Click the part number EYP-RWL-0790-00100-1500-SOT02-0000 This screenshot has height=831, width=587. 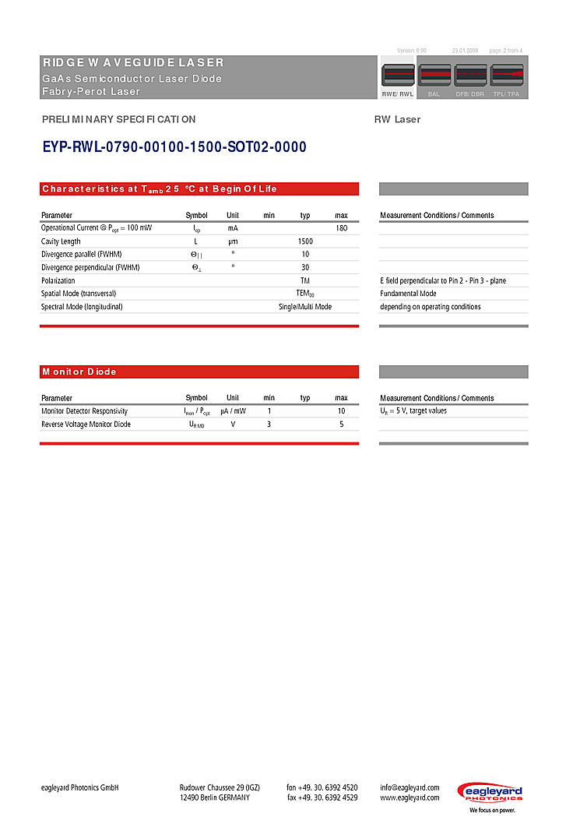click(174, 147)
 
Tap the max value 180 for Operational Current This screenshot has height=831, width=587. click(341, 228)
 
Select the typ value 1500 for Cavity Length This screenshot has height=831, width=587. click(305, 241)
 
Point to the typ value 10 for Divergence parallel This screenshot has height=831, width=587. click(305, 255)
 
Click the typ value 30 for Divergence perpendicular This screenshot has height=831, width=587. click(305, 267)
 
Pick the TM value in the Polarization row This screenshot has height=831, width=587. click(305, 280)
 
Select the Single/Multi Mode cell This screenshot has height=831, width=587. click(305, 307)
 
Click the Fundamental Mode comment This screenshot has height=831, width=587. click(408, 294)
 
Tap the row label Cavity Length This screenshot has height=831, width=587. click(61, 241)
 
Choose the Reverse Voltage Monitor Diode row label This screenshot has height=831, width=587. click(86, 424)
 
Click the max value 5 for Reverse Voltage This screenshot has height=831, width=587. click(341, 424)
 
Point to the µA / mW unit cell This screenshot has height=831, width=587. click(233, 411)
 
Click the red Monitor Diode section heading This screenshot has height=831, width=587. click(199, 372)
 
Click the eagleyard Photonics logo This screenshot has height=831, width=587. click(490, 796)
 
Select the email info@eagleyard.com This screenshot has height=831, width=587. click(409, 787)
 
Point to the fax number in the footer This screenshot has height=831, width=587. click(322, 798)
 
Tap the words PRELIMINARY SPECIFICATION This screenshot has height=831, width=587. click(118, 119)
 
